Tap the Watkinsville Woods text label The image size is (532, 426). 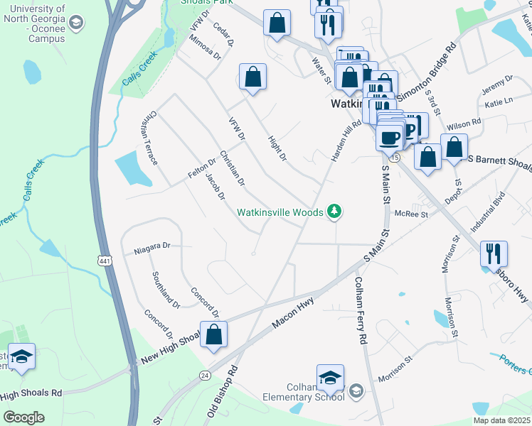280,212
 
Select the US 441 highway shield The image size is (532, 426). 105,262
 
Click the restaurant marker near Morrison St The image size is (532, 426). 493,253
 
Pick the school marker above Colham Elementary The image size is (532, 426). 330,378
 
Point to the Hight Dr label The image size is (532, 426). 276,147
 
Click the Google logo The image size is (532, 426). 24,417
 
